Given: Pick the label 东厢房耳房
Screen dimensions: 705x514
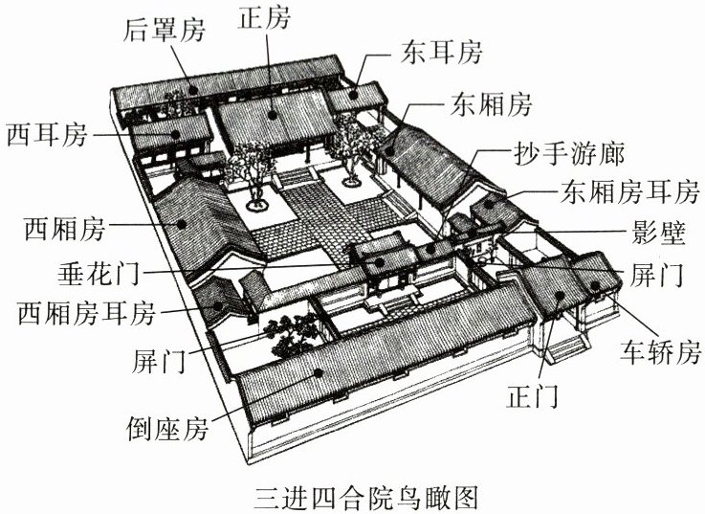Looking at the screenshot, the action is pyautogui.click(x=631, y=193).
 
